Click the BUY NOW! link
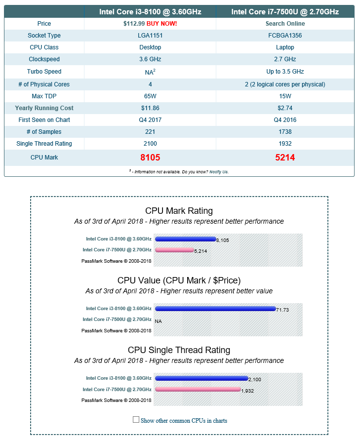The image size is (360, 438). (x=161, y=24)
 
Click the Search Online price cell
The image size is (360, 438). (x=285, y=24)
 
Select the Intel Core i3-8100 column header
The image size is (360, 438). (x=150, y=12)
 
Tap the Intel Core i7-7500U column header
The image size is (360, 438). (x=284, y=12)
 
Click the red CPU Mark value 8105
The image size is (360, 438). (x=150, y=158)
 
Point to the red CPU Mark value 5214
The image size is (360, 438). (x=285, y=158)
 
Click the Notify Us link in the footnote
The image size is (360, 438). (x=219, y=172)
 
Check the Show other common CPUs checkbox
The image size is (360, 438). (x=136, y=420)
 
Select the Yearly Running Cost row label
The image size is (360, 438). (x=44, y=108)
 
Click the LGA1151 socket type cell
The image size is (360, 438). (x=150, y=36)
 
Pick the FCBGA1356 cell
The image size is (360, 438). (x=285, y=36)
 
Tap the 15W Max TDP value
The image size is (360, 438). (x=285, y=96)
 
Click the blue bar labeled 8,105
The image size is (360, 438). (x=185, y=239)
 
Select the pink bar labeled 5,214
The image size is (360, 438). (x=174, y=250)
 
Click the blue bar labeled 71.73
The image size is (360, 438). (x=215, y=309)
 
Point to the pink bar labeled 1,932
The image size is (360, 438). (x=198, y=389)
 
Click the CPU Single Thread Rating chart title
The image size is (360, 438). (x=179, y=350)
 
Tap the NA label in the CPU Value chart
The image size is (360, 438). (x=158, y=321)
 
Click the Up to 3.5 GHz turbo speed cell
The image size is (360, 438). (x=285, y=72)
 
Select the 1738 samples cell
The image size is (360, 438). (x=285, y=132)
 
